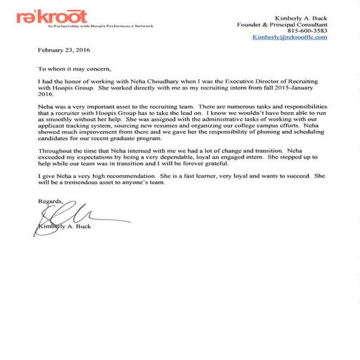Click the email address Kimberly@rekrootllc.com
(289, 37)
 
